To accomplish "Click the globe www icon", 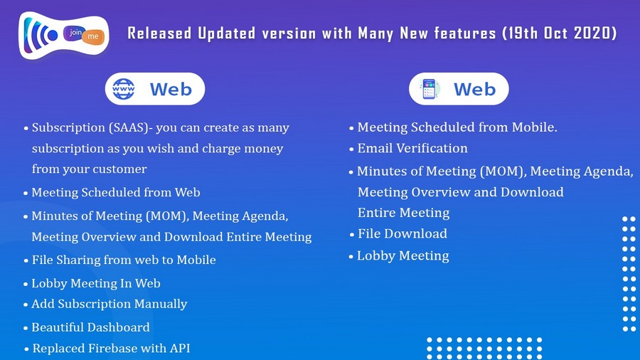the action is (123, 89).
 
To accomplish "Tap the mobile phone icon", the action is (429, 89).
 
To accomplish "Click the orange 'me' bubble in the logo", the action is (93, 36).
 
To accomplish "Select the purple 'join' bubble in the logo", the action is (75, 32).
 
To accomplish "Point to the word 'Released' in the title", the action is (159, 33).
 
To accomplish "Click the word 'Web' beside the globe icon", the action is (171, 89).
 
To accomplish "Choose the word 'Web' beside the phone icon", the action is (475, 89).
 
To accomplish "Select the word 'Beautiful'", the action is (58, 327).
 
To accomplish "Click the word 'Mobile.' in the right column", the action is (535, 127).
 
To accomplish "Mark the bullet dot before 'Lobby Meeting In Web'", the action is (26, 284).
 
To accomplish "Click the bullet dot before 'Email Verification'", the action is (351, 149).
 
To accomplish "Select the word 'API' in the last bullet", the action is (180, 348).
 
